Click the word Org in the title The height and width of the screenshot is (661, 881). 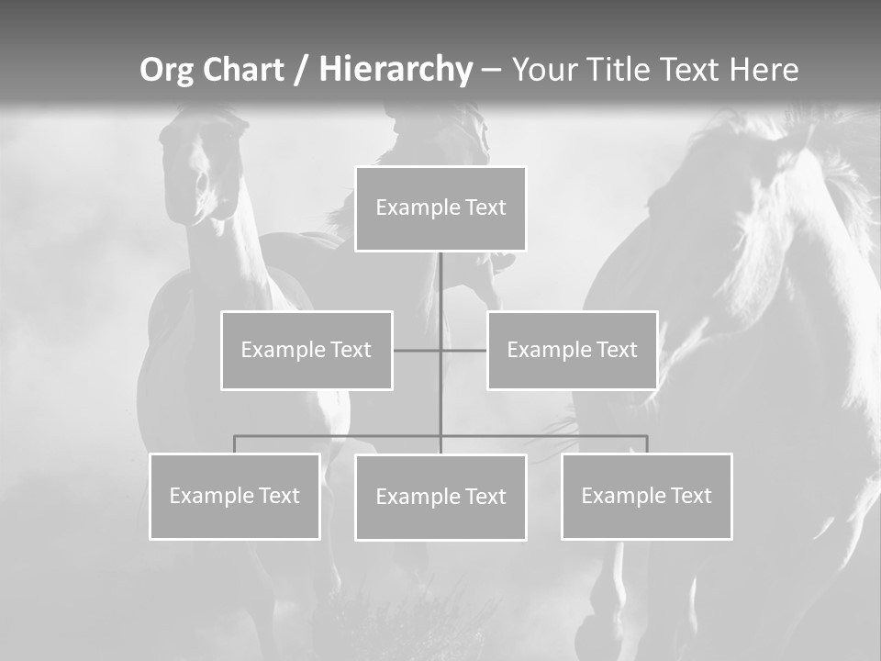tap(166, 70)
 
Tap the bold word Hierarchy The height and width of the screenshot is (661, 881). tap(396, 70)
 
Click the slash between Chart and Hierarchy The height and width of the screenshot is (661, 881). tap(301, 70)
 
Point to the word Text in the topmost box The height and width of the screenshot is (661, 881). tap(485, 207)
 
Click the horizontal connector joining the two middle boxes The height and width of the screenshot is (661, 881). tap(417, 351)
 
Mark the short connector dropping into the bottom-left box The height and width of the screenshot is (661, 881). tap(234, 444)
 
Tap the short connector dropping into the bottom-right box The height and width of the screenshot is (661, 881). tap(647, 444)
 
